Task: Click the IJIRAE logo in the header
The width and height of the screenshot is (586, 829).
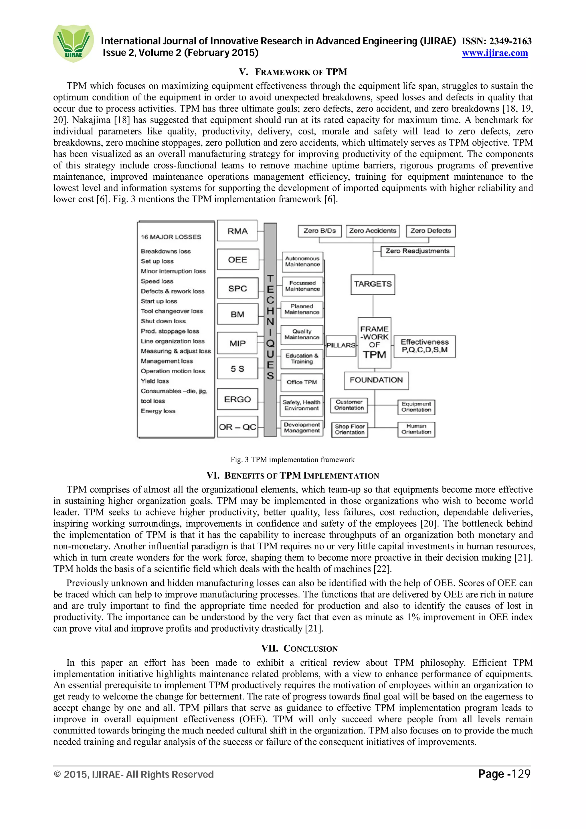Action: point(73,43)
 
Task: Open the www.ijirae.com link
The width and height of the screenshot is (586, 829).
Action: point(495,53)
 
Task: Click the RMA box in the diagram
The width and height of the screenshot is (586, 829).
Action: point(237,231)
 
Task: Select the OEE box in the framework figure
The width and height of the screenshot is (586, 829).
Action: point(237,260)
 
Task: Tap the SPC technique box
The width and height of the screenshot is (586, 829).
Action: point(237,288)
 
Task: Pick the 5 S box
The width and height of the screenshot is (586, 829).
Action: point(237,369)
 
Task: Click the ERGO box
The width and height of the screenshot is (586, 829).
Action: point(237,399)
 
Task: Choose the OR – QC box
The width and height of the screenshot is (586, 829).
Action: point(237,427)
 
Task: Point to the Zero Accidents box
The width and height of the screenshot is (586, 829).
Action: point(373,231)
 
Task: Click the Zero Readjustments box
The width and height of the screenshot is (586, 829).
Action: point(417,251)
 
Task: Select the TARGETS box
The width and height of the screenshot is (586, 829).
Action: point(373,284)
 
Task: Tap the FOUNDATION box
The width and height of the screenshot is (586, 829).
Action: point(376,380)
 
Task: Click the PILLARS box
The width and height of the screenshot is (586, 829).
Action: point(341,346)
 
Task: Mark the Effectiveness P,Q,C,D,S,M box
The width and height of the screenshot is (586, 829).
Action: point(424,346)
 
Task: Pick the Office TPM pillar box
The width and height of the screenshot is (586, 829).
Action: point(302,382)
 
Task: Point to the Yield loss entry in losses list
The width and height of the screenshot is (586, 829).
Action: point(155,381)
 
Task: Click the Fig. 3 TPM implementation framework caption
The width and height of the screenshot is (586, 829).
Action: point(292,460)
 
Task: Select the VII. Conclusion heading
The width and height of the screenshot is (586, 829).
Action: point(299,648)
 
